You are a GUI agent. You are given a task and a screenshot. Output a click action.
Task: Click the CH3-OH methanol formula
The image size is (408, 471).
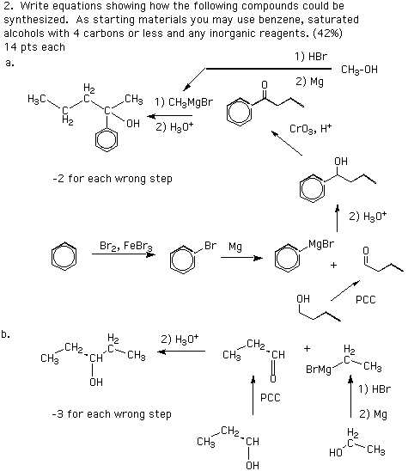pyautogui.click(x=359, y=70)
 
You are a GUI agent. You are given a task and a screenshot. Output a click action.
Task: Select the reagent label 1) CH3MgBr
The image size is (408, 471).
pyautogui.click(x=184, y=102)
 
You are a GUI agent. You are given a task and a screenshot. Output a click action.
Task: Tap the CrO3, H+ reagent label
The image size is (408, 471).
pyautogui.click(x=310, y=129)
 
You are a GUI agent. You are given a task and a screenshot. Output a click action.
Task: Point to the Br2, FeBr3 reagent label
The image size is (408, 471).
pyautogui.click(x=125, y=246)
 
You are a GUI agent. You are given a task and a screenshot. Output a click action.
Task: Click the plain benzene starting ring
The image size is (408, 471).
pyautogui.click(x=64, y=256)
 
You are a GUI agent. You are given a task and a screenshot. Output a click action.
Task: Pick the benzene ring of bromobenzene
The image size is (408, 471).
pyautogui.click(x=182, y=260)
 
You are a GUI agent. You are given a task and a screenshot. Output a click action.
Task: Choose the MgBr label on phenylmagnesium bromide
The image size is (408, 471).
pyautogui.click(x=321, y=244)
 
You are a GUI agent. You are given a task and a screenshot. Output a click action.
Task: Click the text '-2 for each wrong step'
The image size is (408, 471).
pyautogui.click(x=113, y=179)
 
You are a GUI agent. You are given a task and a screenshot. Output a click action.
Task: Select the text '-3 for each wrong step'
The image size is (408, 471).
pyautogui.click(x=112, y=414)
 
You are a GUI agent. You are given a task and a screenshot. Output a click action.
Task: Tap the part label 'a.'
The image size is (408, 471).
pyautogui.click(x=9, y=63)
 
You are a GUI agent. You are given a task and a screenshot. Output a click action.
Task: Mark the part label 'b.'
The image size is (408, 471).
pyautogui.click(x=6, y=334)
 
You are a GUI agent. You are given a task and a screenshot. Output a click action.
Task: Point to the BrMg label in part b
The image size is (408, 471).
pyautogui.click(x=319, y=369)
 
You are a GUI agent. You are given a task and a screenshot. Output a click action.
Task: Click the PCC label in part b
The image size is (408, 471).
pyautogui.click(x=271, y=398)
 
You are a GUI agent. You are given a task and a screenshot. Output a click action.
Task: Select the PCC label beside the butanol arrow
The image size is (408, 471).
pyautogui.click(x=366, y=300)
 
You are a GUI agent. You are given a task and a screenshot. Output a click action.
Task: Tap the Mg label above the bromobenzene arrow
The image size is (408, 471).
pyautogui.click(x=235, y=247)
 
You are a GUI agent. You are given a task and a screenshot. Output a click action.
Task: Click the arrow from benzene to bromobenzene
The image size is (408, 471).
pyautogui.click(x=124, y=254)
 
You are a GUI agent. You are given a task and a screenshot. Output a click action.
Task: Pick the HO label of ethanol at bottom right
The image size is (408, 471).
pyautogui.click(x=336, y=452)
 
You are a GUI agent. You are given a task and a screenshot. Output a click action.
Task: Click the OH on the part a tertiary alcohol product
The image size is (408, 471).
pyautogui.click(x=132, y=123)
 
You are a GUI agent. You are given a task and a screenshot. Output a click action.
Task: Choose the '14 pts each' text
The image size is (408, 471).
pyautogui.click(x=34, y=47)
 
